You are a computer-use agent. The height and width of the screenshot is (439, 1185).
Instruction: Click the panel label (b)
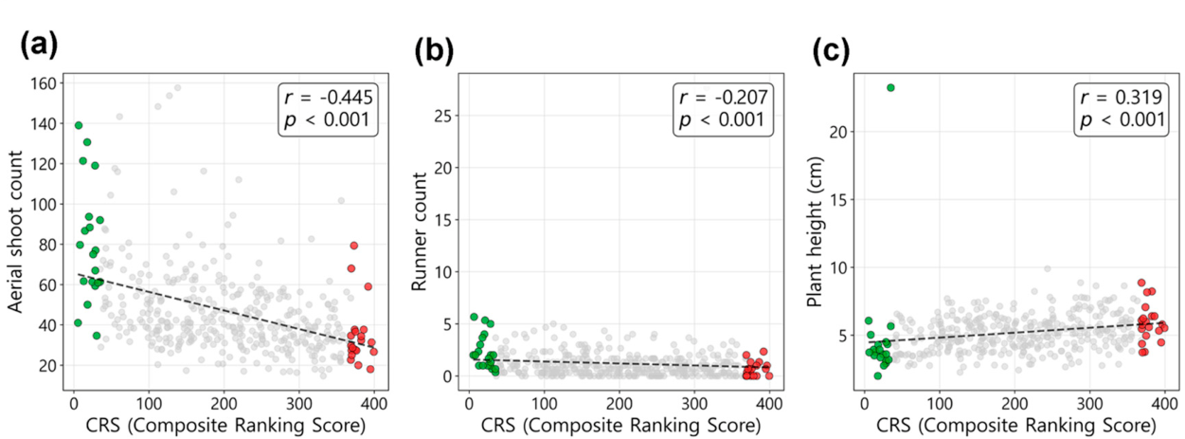click(434, 51)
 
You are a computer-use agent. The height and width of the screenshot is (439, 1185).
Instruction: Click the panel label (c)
click(831, 51)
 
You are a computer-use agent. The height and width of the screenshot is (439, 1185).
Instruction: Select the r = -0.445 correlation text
click(329, 98)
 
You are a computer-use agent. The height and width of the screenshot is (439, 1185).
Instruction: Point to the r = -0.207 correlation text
click(723, 98)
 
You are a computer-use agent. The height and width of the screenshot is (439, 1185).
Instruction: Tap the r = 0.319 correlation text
click(1122, 98)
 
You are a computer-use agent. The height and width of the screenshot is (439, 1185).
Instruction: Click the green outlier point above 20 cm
click(890, 87)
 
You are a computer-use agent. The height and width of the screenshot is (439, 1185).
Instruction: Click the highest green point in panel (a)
click(79, 125)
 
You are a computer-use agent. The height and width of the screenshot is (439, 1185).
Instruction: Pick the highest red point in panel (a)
click(354, 246)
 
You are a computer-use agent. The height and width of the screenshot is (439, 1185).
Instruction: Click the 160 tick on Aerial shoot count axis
click(43, 83)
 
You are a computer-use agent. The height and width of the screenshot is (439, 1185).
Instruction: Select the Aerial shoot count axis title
click(15, 232)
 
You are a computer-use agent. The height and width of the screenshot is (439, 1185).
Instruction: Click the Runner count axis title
click(419, 232)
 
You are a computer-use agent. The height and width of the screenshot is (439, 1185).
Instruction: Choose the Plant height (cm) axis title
click(816, 232)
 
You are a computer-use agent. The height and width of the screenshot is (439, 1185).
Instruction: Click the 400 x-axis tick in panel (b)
click(769, 404)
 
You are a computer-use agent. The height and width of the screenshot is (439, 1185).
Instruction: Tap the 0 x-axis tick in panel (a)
click(74, 404)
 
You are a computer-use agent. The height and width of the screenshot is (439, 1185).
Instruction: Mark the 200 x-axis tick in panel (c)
click(1014, 404)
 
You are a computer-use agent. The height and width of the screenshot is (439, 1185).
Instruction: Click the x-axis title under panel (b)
click(620, 425)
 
